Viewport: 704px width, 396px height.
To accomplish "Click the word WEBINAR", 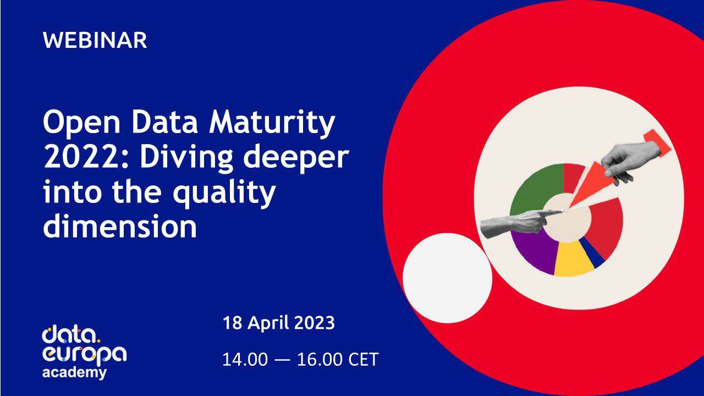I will click(95, 41).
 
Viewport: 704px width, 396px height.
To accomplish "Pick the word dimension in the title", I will click(119, 227).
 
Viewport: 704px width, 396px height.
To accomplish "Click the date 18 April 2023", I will click(278, 323).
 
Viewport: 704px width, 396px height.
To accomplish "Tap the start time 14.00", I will click(245, 360).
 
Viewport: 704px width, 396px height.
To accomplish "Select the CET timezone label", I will click(364, 360).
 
